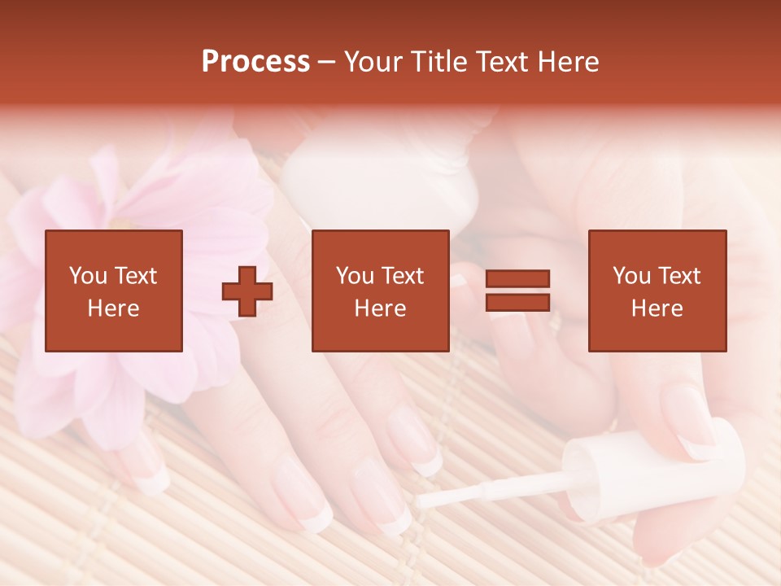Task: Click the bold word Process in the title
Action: pyautogui.click(x=255, y=62)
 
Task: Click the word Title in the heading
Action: pyautogui.click(x=438, y=62)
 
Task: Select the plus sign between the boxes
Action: pyautogui.click(x=247, y=291)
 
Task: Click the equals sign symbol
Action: pyautogui.click(x=517, y=291)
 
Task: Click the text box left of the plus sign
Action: pyautogui.click(x=114, y=291)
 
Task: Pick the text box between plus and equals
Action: pyautogui.click(x=380, y=291)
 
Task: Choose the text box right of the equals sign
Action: pyautogui.click(x=657, y=291)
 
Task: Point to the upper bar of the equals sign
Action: pyautogui.click(x=517, y=279)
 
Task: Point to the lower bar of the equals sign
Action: pyautogui.click(x=517, y=302)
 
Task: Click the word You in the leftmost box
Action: pyautogui.click(x=87, y=276)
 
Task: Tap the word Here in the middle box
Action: pyautogui.click(x=380, y=308)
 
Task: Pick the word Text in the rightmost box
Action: pyautogui.click(x=678, y=276)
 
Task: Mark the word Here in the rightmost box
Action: pyautogui.click(x=657, y=308)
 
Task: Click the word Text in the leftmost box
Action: pyautogui.click(x=135, y=276)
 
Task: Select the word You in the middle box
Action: pyautogui.click(x=354, y=276)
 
